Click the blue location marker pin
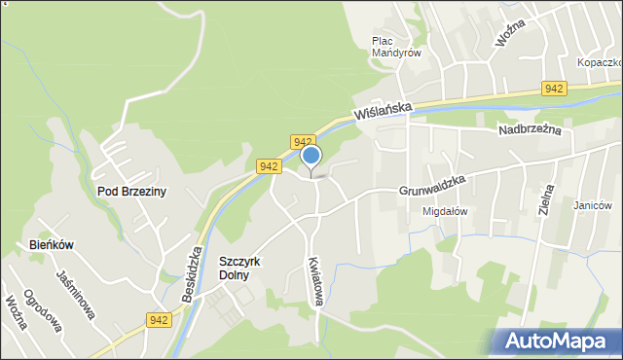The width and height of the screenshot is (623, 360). pos(311,157)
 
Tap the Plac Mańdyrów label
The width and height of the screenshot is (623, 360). pos(396,47)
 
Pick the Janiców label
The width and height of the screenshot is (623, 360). pos(592,205)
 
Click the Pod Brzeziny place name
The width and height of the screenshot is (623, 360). pos(131,192)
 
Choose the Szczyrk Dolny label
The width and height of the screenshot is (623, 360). pos(248,268)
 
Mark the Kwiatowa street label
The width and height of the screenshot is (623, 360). pos(313,282)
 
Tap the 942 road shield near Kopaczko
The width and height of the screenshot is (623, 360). pos(554,89)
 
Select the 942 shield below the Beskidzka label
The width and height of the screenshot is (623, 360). pos(161,319)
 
